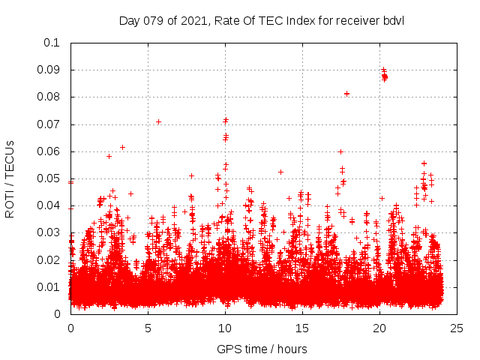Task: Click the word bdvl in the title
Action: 393,20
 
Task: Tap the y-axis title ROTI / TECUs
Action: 10,178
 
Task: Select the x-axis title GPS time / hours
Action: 262,349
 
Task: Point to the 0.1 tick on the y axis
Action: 52,43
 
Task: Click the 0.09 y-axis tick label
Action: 49,70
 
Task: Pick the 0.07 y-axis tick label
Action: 49,124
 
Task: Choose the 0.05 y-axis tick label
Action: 49,178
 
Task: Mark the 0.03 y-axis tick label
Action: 49,232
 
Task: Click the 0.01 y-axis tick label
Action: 49,287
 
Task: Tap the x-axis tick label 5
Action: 148,328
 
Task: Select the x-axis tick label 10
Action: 225,328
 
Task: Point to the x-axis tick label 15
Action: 302,328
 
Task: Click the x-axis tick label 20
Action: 379,328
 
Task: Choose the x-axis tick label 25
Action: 457,328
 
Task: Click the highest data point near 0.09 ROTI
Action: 383,70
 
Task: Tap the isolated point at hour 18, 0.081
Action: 346,94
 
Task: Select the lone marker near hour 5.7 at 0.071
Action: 158,121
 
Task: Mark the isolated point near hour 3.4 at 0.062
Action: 122,147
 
